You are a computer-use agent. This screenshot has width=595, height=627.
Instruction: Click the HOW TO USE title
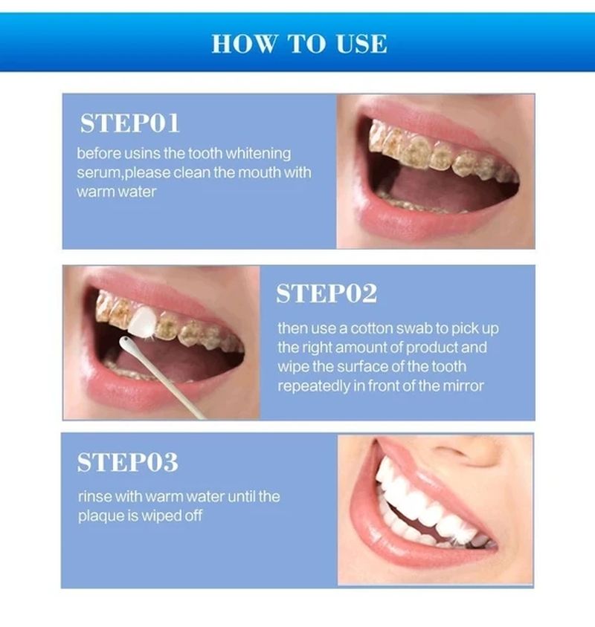point(299,43)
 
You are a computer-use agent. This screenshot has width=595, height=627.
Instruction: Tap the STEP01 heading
point(130,123)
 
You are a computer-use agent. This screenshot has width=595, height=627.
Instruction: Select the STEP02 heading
point(327,293)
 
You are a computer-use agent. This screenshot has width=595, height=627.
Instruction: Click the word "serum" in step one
point(95,172)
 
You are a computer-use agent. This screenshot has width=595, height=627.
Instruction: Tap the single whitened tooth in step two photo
point(142,320)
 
